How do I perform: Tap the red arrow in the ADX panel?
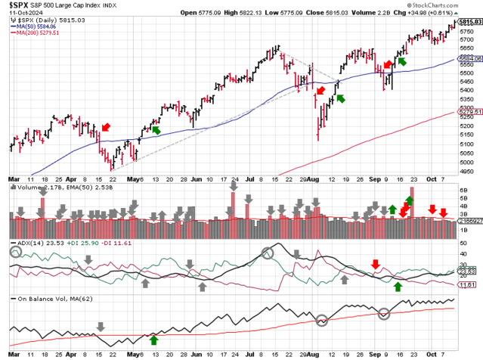376,264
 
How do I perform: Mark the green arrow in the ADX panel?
398,286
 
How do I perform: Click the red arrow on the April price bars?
105,127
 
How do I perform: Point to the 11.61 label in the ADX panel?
469,284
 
